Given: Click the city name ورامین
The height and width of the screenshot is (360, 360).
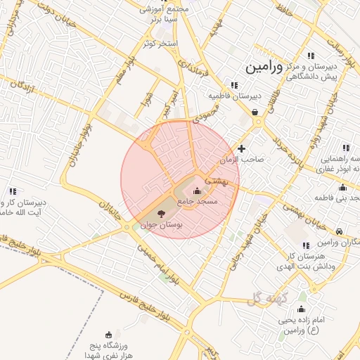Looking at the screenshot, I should point(263,68).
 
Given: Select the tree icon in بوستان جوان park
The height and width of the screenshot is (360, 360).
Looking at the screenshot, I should point(161,213).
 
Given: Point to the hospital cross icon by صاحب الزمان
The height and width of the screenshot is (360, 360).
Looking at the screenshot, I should point(242,148).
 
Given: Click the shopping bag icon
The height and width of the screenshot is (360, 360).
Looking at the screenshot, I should point(255,112).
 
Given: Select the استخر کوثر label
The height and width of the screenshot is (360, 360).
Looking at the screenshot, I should point(160,44).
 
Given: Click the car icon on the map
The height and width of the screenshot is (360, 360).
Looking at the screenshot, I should point(340,231).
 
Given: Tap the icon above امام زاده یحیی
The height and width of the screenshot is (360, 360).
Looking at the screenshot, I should point(302,309).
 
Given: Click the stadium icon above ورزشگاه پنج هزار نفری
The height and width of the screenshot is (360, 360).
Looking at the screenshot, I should point(108,335).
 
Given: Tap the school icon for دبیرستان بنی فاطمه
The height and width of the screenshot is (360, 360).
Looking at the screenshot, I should point(342,187).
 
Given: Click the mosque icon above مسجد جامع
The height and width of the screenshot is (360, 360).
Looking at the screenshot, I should point(195,192).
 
